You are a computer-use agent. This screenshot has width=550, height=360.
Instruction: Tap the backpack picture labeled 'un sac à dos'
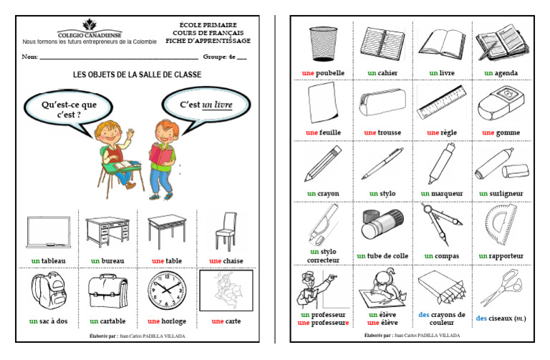click(48, 291)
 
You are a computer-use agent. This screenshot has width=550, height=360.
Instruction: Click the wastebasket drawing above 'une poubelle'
click(319, 44)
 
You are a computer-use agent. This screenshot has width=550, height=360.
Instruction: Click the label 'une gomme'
click(501, 132)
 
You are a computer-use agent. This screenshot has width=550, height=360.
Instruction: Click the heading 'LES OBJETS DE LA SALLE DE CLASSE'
click(137, 74)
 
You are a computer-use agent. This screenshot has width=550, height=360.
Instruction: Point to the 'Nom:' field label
click(29, 56)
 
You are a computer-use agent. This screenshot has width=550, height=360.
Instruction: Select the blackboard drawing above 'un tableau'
click(48, 233)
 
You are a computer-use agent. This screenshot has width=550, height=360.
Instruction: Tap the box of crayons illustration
click(441, 288)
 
